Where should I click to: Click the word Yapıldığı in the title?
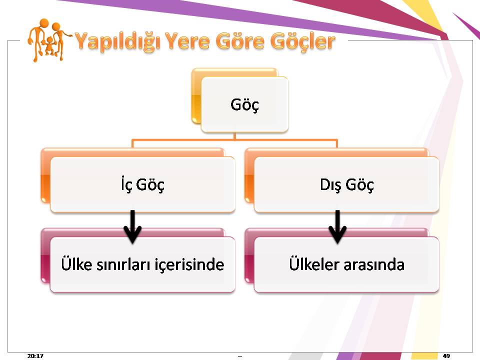[x=117, y=41]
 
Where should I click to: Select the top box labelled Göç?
[x=244, y=104]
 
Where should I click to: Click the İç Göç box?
[x=142, y=184]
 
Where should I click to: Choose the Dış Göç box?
[x=346, y=184]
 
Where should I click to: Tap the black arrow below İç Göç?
[x=132, y=226]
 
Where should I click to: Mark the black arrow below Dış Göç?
[x=337, y=226]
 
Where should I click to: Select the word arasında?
[x=374, y=264]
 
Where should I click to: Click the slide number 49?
[x=446, y=355]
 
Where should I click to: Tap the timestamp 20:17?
[x=35, y=355]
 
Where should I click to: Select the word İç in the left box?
[x=126, y=184]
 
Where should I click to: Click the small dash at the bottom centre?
[x=240, y=356]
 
